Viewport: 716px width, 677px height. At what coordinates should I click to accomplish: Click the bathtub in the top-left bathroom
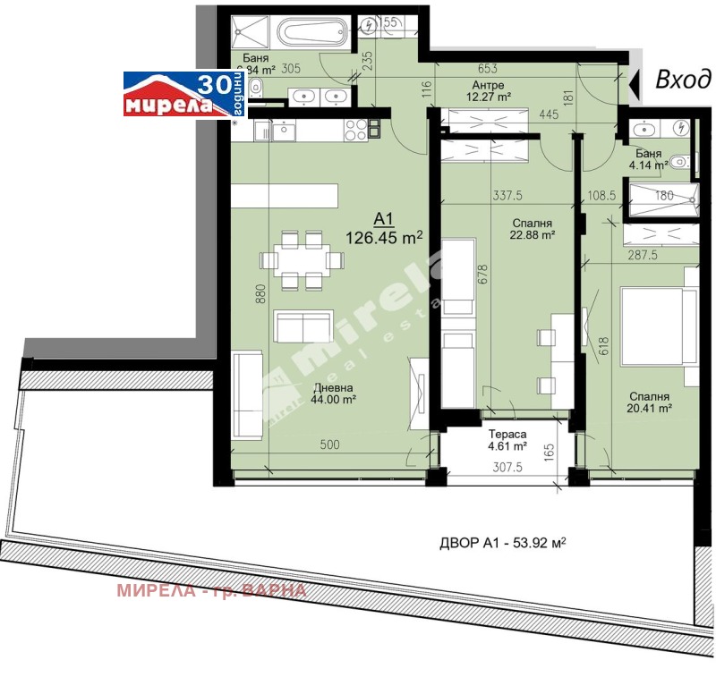pyautogui.click(x=313, y=34)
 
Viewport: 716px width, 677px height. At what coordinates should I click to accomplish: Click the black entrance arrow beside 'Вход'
pyautogui.click(x=635, y=83)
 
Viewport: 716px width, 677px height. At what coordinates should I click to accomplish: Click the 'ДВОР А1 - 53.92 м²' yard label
pyautogui.click(x=504, y=542)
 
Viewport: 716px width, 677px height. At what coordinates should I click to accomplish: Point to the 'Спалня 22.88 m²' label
pyautogui.click(x=533, y=230)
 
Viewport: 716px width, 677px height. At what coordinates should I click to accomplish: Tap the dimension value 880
pyautogui.click(x=260, y=296)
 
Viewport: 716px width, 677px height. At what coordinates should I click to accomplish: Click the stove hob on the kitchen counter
pyautogui.click(x=356, y=131)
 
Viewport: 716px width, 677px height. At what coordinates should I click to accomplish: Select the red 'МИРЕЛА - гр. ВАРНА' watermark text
pyautogui.click(x=212, y=590)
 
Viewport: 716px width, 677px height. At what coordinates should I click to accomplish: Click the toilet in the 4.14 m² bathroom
pyautogui.click(x=679, y=162)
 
